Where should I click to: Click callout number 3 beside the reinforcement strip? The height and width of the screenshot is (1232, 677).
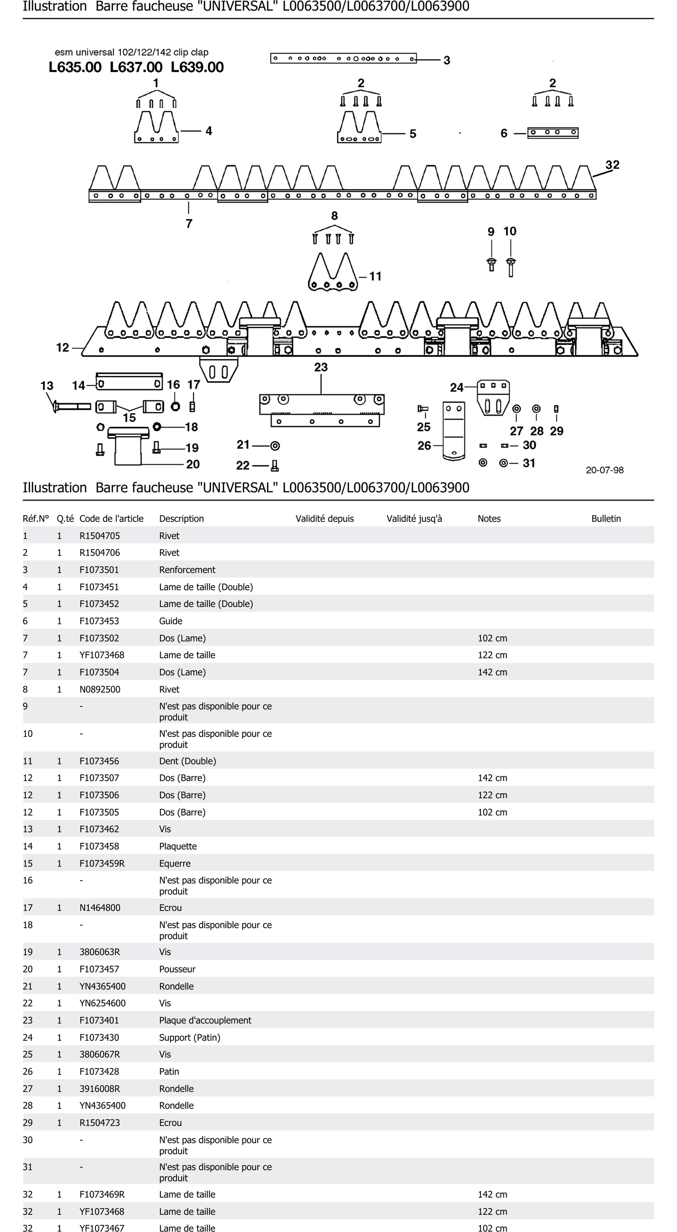[447, 60]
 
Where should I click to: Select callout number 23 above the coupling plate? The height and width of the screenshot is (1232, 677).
[321, 367]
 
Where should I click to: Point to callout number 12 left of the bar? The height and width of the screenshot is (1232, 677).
[63, 348]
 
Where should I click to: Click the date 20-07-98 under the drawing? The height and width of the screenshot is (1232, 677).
[604, 470]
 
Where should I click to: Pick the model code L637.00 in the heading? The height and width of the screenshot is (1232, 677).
[136, 67]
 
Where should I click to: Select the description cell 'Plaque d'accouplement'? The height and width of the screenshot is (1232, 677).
[205, 1020]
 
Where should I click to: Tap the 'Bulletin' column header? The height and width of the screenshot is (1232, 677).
[606, 519]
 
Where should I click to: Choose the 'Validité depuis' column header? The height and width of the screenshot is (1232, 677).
[325, 519]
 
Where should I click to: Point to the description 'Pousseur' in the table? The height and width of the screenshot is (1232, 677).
[177, 969]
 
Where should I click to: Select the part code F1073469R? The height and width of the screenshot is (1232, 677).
[102, 1194]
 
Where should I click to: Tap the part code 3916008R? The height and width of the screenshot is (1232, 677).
[100, 1088]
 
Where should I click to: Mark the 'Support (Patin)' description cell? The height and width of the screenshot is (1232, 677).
[190, 1037]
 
